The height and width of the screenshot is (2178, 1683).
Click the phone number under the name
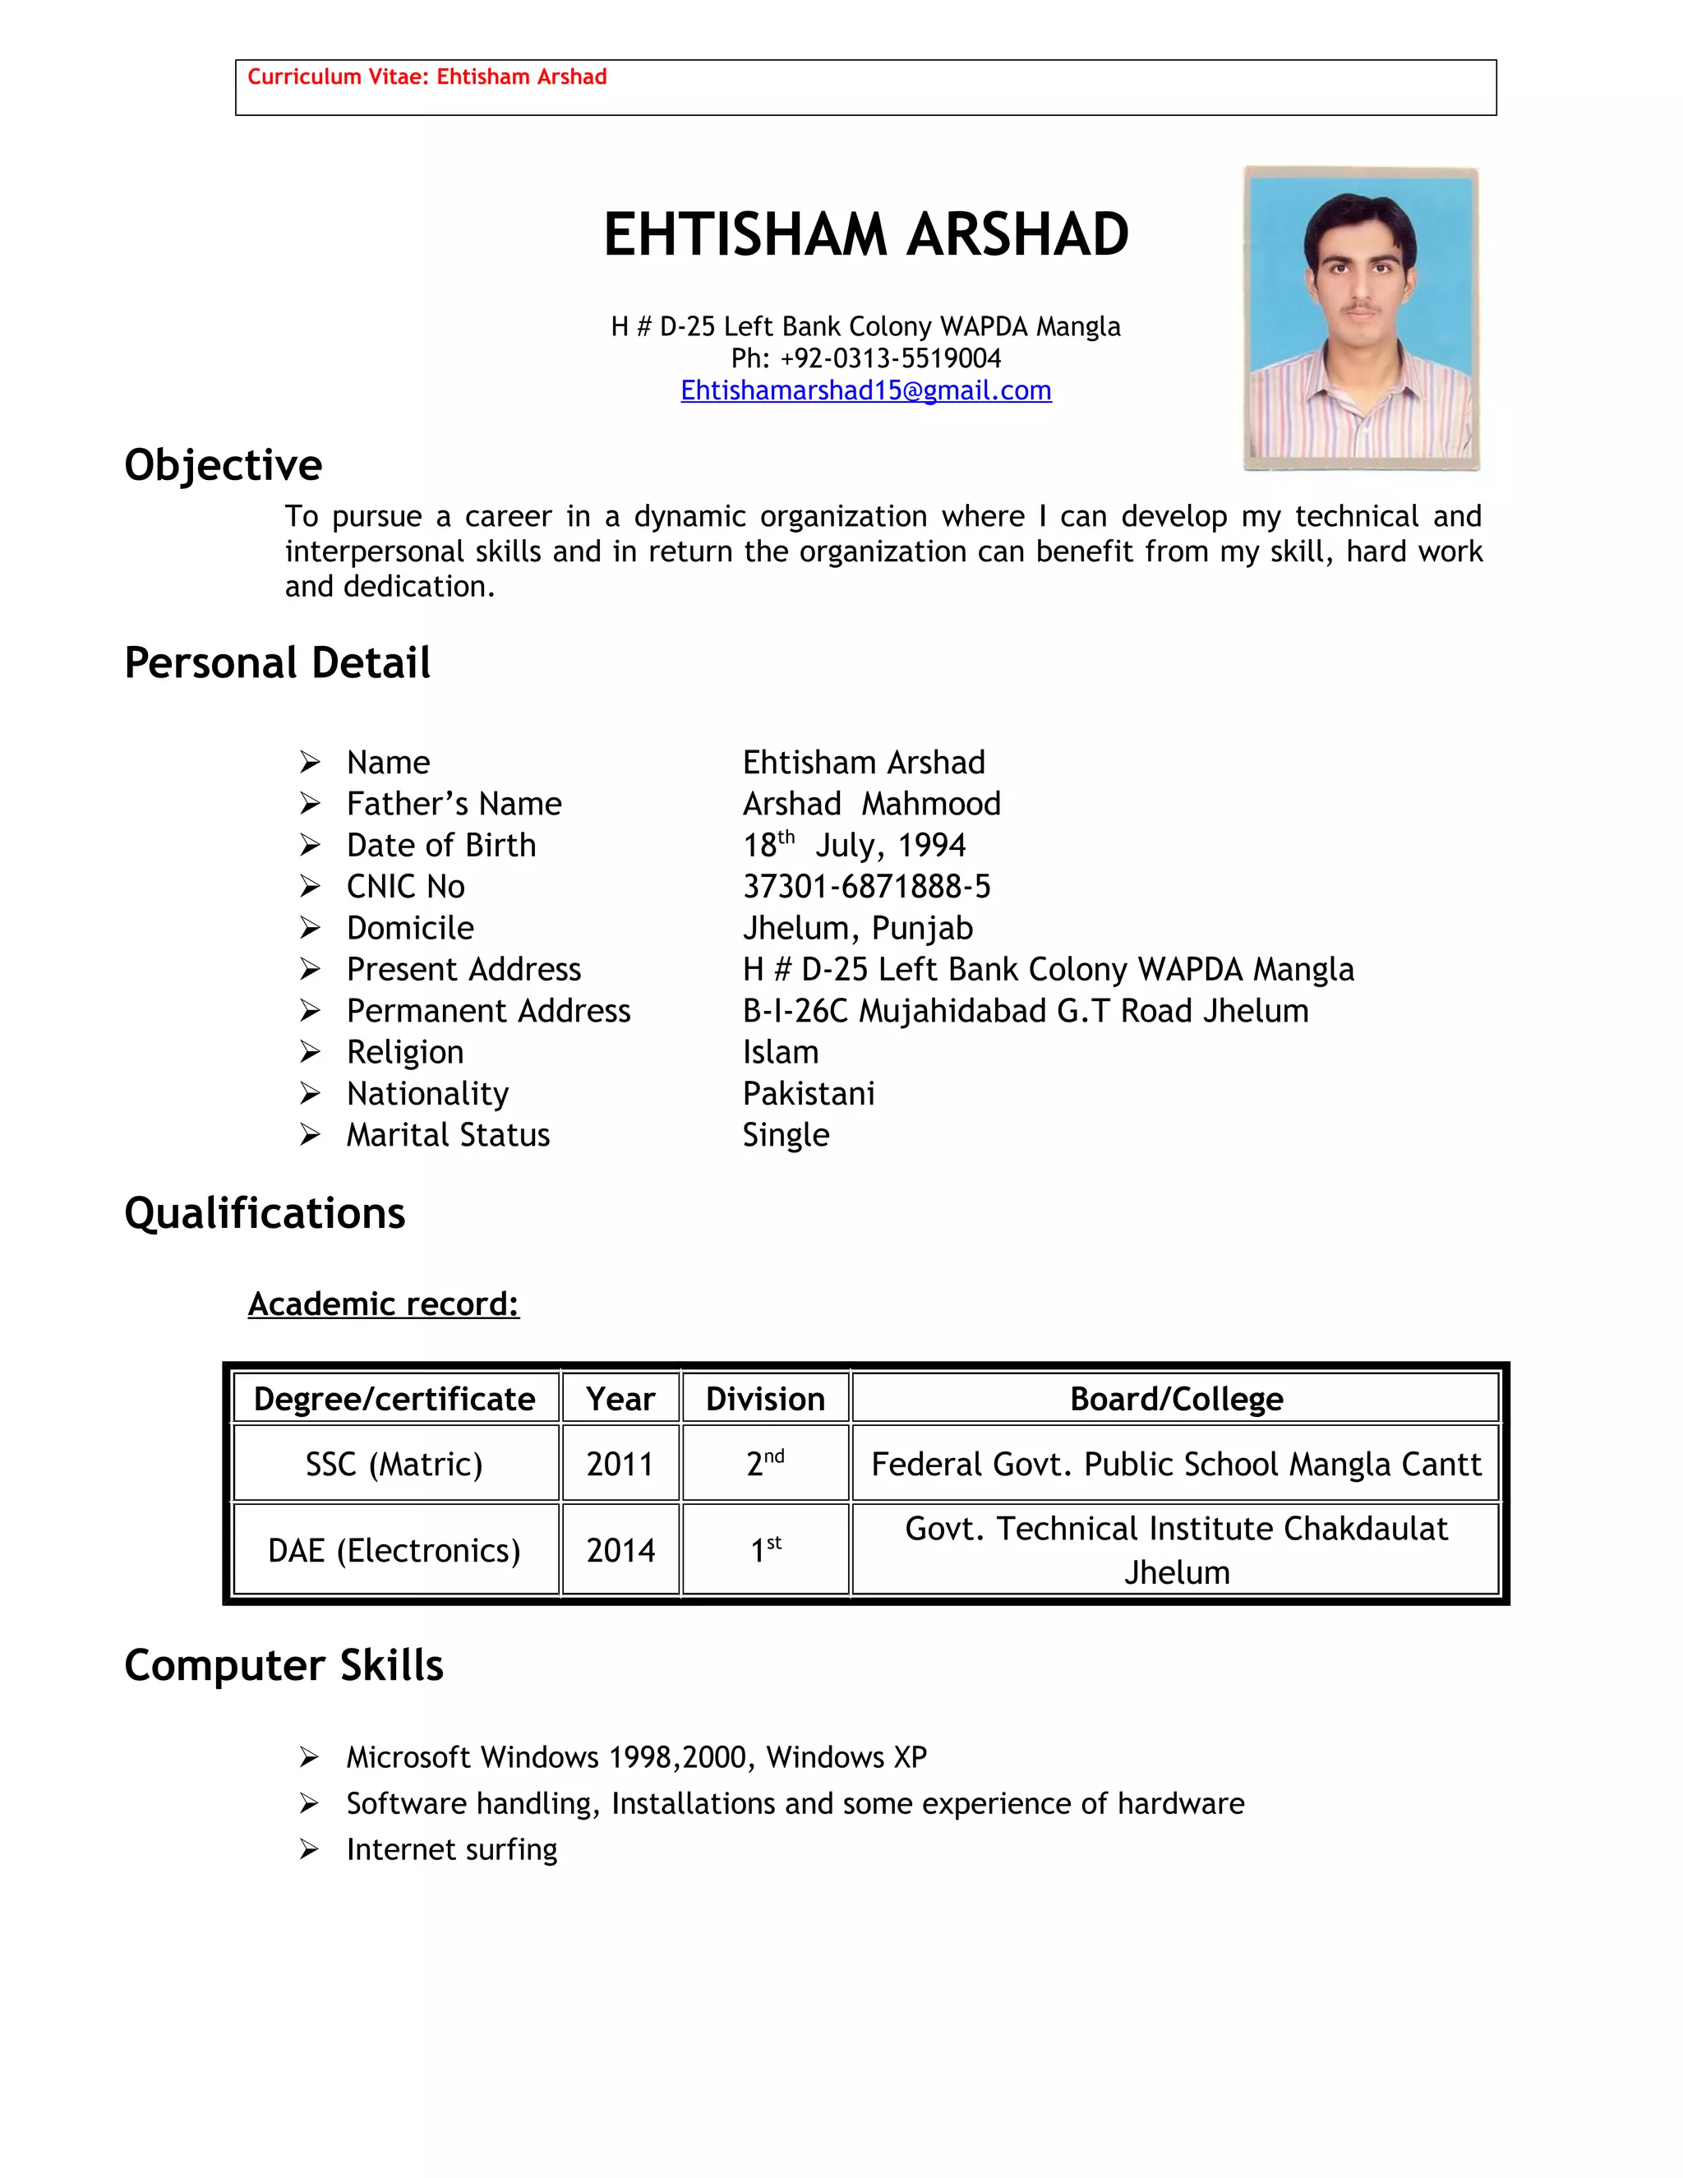pyautogui.click(x=865, y=358)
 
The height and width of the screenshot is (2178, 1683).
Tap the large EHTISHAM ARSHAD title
pyautogui.click(x=865, y=235)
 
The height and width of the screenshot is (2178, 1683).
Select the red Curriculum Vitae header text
pyautogui.click(x=427, y=76)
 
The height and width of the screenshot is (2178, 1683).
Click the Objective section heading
pyautogui.click(x=224, y=466)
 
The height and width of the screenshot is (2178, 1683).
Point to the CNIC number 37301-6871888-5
pyautogui.click(x=866, y=887)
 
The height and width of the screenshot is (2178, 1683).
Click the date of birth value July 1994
pyautogui.click(x=855, y=846)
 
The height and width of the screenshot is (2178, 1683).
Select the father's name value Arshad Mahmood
pyautogui.click(x=871, y=804)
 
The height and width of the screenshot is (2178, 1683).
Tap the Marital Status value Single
pyautogui.click(x=786, y=1135)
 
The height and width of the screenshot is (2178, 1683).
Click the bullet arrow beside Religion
pyautogui.click(x=310, y=1052)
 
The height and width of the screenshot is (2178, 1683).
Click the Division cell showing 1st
pyautogui.click(x=765, y=1550)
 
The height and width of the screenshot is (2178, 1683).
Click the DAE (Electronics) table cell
pyautogui.click(x=394, y=1551)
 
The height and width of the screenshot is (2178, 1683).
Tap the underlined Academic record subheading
pyautogui.click(x=384, y=1304)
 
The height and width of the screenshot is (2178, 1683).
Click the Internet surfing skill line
pyautogui.click(x=452, y=1850)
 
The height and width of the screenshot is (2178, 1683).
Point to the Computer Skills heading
pyautogui.click(x=284, y=1667)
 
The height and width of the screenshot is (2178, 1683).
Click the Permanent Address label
pyautogui.click(x=489, y=1011)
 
